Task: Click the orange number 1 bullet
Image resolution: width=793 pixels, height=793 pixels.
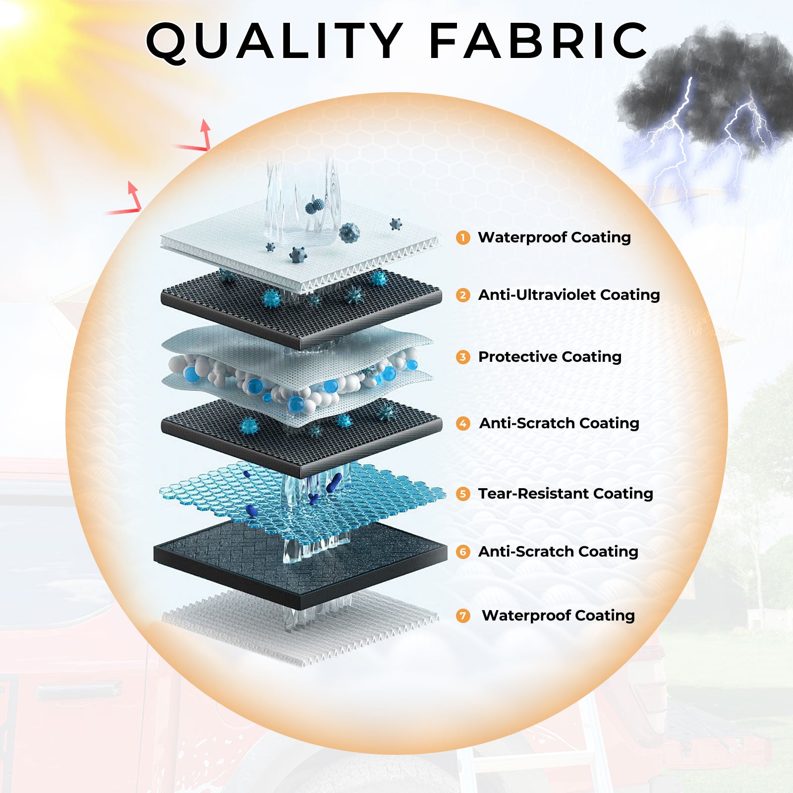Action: [463, 238]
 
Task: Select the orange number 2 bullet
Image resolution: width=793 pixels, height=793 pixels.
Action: [463, 295]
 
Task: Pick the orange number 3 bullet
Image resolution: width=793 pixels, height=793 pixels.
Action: [463, 357]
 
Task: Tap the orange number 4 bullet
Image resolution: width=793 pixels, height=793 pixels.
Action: [463, 424]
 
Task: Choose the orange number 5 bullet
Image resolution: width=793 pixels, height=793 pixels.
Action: [463, 494]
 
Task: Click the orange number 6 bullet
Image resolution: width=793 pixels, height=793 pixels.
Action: [463, 552]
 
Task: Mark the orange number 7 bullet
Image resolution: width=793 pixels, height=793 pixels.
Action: [463, 616]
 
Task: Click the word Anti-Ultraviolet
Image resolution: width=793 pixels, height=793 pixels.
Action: [537, 295]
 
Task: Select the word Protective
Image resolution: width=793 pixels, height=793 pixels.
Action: [517, 357]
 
